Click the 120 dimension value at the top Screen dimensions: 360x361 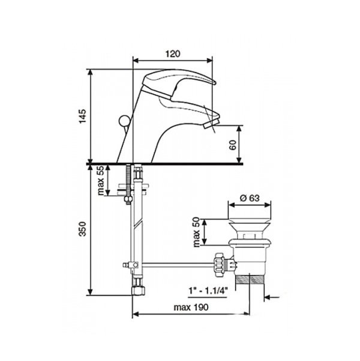173,53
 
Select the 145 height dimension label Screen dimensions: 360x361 83,117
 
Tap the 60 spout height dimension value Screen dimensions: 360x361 233,145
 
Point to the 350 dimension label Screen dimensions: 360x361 82,229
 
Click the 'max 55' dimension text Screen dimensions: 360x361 100,181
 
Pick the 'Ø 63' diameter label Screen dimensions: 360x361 250,198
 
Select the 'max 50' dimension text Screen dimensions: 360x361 196,232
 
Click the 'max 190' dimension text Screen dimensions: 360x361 191,307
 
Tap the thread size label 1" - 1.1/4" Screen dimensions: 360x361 208,291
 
